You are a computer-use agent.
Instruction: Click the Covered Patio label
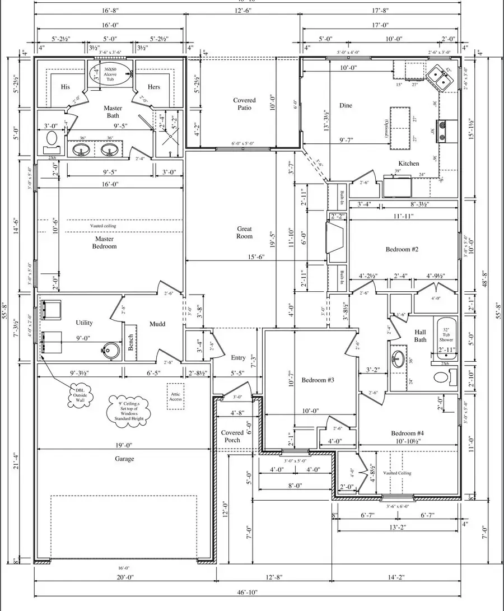click(244, 104)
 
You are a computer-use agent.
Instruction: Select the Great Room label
click(244, 232)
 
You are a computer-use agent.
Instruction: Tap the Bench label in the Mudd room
click(130, 342)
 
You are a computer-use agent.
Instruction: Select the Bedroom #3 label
click(318, 380)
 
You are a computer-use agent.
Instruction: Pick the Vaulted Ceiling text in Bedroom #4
click(397, 473)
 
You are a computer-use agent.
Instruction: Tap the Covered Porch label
click(232, 436)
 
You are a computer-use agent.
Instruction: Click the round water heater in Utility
click(112, 350)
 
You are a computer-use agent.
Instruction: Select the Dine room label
click(346, 105)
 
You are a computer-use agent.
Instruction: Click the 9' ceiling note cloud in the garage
click(128, 411)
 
